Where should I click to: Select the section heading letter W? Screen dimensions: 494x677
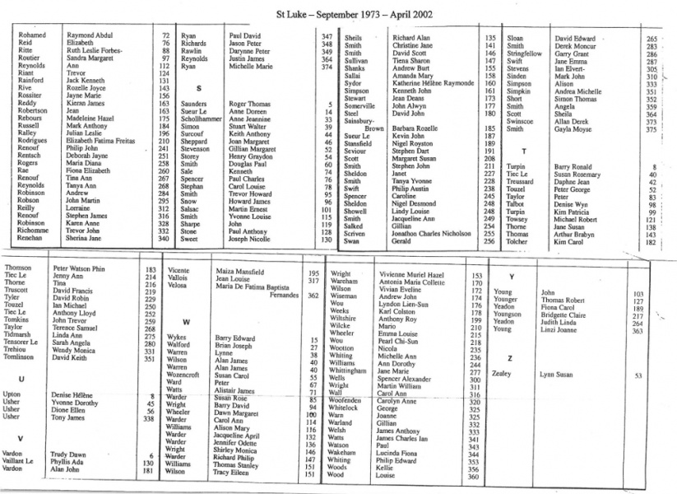tap(188, 322)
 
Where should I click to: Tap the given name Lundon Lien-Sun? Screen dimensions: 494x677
tap(404, 305)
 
